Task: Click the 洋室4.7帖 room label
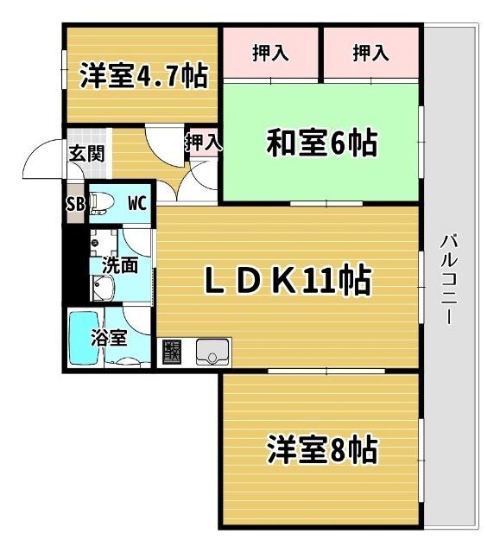pos(143,76)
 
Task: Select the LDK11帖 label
pos(288,279)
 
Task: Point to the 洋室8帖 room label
pos(321,450)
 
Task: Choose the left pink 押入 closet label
pos(270,53)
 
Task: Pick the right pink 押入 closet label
pos(370,53)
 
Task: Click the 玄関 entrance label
pos(86,155)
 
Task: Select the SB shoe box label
pos(75,204)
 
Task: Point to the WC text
pos(136,204)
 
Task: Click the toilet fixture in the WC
pos(101,203)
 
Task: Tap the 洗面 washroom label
pos(120,265)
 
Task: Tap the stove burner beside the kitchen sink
pos(171,352)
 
